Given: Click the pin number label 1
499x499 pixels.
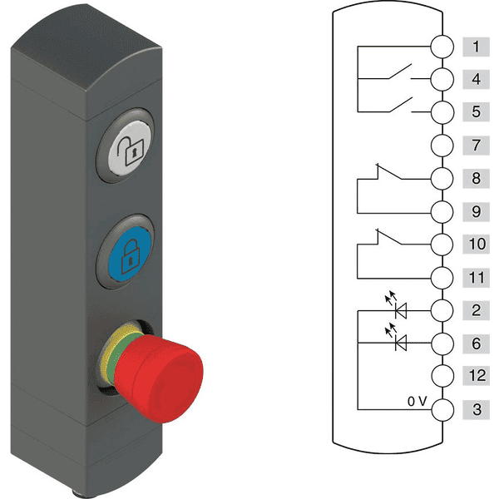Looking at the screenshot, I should pyautogui.click(x=476, y=47).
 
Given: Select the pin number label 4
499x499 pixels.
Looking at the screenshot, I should pyautogui.click(x=476, y=80).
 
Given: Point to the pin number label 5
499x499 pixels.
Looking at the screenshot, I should pyautogui.click(x=476, y=112).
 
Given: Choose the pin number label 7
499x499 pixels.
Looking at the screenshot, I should pyautogui.click(x=476, y=146).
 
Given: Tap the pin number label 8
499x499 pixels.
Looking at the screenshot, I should pyautogui.click(x=476, y=178).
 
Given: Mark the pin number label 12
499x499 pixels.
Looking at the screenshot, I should pyautogui.click(x=476, y=376).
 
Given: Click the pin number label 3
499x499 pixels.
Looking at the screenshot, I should pyautogui.click(x=476, y=409).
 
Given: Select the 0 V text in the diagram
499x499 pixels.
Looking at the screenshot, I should pyautogui.click(x=417, y=402).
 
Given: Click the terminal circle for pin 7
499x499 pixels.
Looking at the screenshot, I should pyautogui.click(x=442, y=146).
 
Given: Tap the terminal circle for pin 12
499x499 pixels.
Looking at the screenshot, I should pyautogui.click(x=442, y=376).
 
